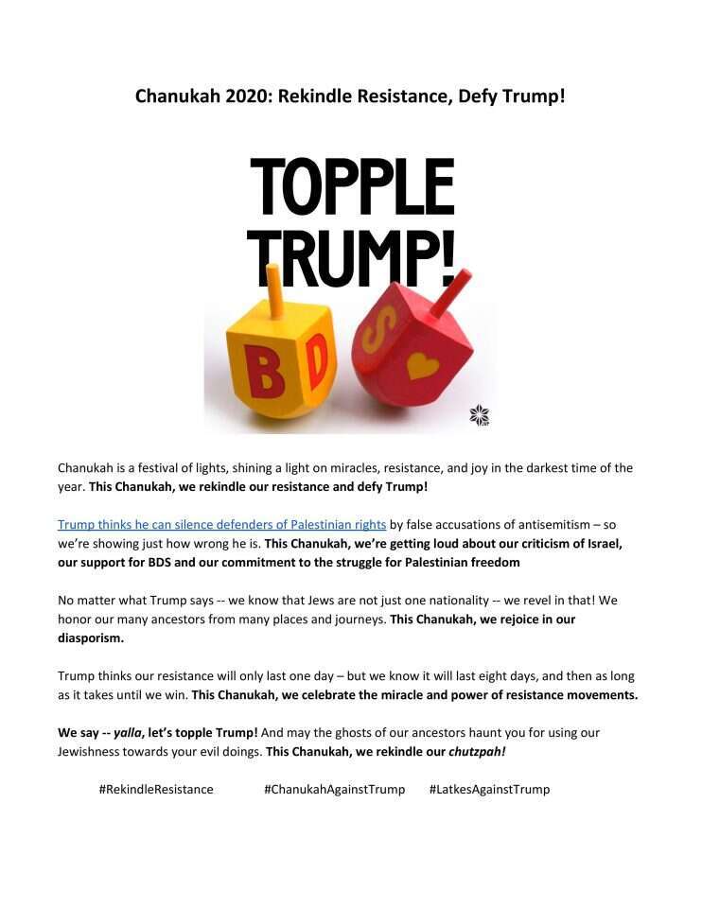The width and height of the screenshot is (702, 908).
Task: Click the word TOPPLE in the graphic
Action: [x=352, y=186]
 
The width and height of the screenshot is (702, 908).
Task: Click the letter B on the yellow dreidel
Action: [x=265, y=373]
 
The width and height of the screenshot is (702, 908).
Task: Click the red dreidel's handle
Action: [x=453, y=288]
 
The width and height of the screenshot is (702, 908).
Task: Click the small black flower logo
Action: [x=480, y=414]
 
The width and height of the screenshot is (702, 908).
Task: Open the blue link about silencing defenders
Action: [x=221, y=524]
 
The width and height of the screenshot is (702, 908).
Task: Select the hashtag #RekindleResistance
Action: [x=156, y=789]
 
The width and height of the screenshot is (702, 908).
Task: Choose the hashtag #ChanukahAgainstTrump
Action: [x=334, y=789]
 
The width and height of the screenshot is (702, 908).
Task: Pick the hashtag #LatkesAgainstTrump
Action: [x=489, y=789]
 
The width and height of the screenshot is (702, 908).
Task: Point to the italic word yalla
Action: [x=130, y=732]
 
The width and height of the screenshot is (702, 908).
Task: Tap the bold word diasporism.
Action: [x=90, y=638]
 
